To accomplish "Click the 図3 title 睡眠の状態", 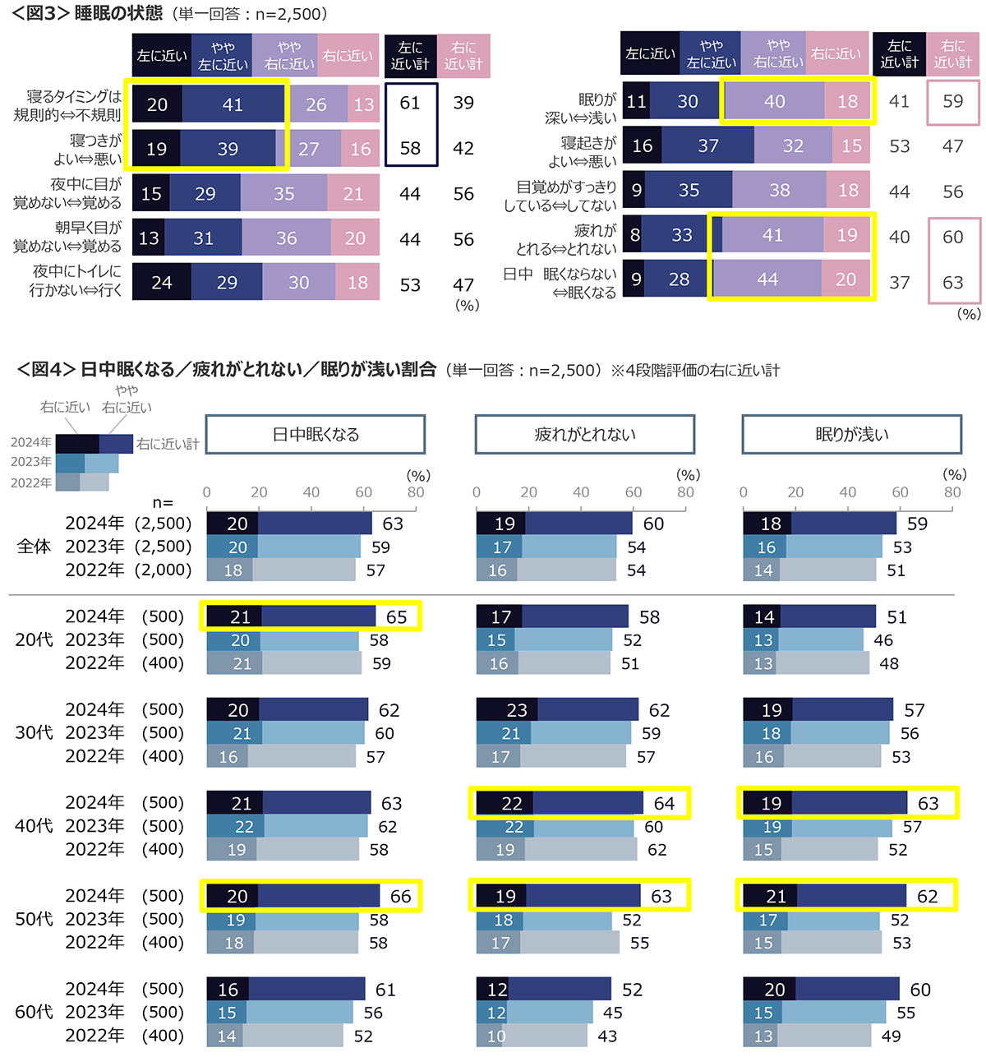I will coord(118,13).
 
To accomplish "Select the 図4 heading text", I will coord(258,370).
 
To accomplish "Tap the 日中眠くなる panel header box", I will coord(316,435).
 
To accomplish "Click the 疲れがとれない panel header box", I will coord(584,435).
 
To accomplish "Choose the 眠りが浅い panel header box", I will coord(851,435).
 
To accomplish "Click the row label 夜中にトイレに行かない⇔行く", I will coord(76,280).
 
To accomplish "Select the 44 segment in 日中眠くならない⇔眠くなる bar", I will coord(767,279).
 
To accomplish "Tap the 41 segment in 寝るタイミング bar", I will coord(233,104).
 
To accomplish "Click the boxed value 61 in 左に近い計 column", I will coord(410,103).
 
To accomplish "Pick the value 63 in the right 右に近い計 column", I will coord(953,283).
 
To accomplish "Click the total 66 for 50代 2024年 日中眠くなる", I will coord(400,896).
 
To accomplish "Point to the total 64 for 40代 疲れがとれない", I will coord(664,803).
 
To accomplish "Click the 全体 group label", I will coord(34,547).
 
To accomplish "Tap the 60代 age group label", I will coord(34,1012).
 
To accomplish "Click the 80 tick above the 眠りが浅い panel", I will coord(952,492).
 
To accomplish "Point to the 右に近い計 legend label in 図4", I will coord(168,444).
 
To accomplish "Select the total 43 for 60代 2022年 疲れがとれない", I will coord(607,1036).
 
